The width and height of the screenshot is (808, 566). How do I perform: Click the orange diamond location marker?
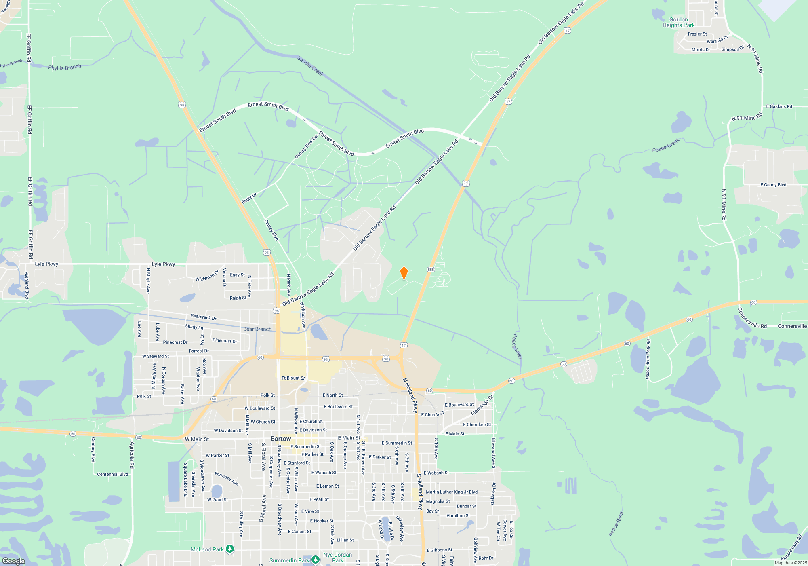click(x=404, y=273)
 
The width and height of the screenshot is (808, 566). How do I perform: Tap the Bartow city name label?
click(x=281, y=439)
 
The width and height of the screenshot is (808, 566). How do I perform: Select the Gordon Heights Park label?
click(x=678, y=22)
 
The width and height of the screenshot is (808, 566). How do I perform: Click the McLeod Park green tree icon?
click(x=230, y=549)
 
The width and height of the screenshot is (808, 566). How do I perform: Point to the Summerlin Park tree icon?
click(x=316, y=560)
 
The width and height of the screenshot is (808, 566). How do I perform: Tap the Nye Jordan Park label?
click(x=337, y=558)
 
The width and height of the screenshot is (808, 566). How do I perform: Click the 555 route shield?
click(x=431, y=270)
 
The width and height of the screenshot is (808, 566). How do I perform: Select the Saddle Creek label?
click(x=310, y=66)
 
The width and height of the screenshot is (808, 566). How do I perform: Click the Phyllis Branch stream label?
click(x=65, y=67)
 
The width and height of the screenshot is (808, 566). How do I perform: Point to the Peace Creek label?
click(x=666, y=145)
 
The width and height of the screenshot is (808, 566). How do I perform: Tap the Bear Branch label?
click(x=257, y=329)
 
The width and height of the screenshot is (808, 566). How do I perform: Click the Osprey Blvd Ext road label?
click(x=306, y=146)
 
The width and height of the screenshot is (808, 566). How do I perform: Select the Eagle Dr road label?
click(x=249, y=199)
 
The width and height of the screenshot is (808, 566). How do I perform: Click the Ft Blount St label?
click(x=293, y=378)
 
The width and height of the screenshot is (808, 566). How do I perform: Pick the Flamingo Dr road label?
click(x=482, y=405)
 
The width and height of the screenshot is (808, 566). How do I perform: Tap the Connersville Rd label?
click(x=752, y=318)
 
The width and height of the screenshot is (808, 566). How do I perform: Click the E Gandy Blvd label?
click(x=773, y=185)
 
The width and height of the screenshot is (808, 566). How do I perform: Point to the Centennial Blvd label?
click(x=112, y=474)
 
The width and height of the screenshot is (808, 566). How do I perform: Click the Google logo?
click(x=14, y=561)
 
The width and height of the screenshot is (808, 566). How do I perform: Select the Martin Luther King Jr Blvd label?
click(x=452, y=492)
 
